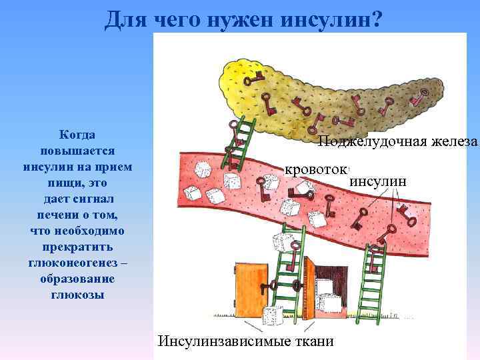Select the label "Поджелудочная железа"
tap(398, 141)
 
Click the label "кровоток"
tap(317, 170)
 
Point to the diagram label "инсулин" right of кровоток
tap(377, 181)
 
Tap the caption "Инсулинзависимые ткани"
tap(246, 341)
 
